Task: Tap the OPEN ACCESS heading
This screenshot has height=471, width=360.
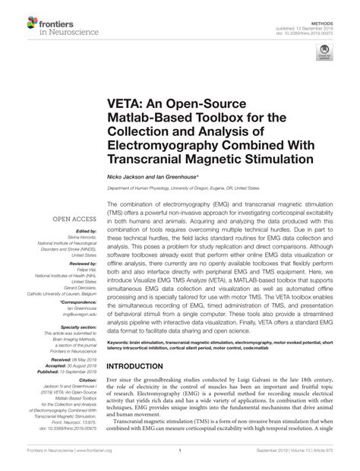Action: [72, 219]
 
